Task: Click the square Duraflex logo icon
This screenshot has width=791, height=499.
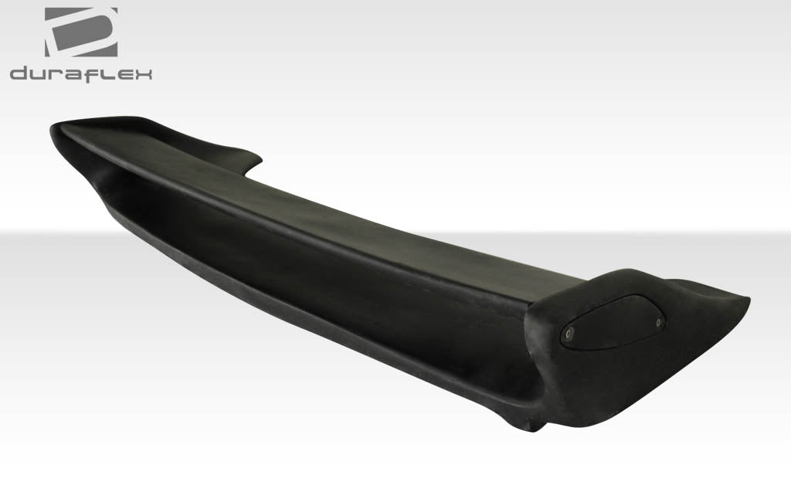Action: point(81,32)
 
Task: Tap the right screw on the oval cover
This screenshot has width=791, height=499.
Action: point(658,321)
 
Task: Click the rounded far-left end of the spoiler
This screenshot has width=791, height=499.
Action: point(56,135)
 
